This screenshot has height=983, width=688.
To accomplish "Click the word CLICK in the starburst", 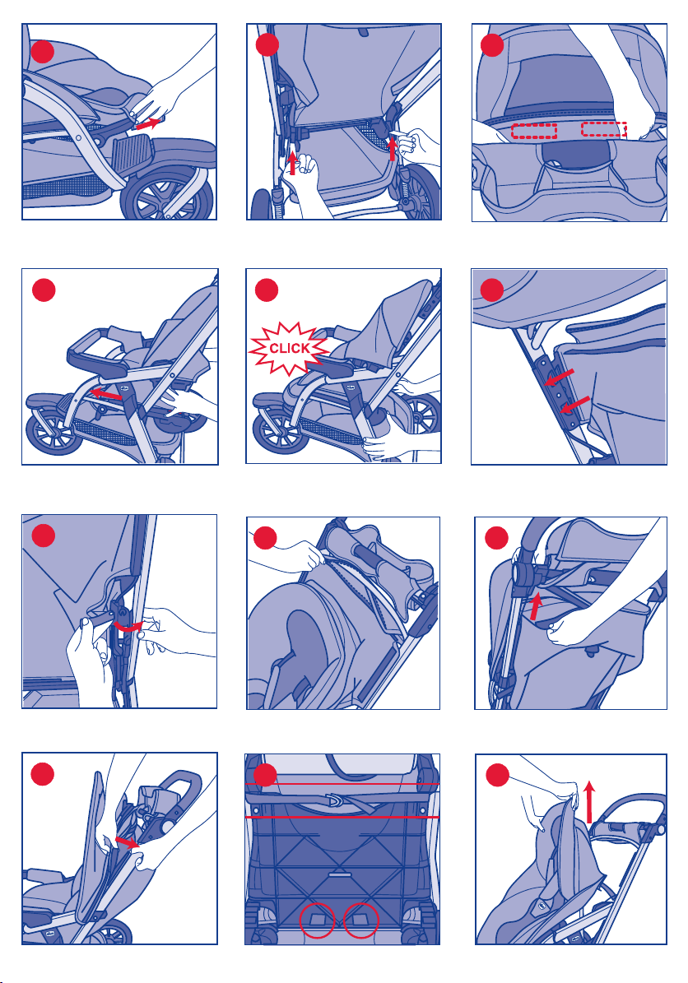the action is (x=289, y=349).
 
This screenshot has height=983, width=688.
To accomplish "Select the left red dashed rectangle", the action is (x=534, y=131).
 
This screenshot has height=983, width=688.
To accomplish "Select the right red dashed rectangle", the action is (x=604, y=129).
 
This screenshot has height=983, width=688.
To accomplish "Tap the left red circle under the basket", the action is (x=317, y=920).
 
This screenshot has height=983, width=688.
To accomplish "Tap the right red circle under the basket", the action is (x=361, y=920).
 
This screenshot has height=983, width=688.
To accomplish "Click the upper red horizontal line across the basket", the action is (x=342, y=784).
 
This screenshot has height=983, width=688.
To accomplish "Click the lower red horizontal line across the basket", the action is (x=342, y=817).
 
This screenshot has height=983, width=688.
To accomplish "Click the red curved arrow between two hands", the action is (x=128, y=627).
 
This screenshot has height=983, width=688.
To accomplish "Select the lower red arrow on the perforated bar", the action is (x=575, y=405).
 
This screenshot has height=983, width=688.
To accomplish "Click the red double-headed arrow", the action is (x=128, y=842).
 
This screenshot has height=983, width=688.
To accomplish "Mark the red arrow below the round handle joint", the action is (x=535, y=607).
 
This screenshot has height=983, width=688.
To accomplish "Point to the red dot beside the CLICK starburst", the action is (x=267, y=290).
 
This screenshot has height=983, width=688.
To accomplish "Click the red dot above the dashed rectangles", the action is (x=492, y=45).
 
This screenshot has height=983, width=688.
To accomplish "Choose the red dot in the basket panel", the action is (x=265, y=775).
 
